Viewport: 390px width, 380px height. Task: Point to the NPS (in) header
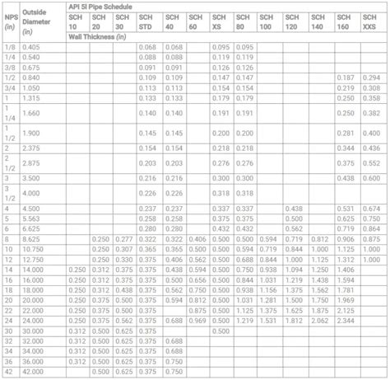pos(9,21)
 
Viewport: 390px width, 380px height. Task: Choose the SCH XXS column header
pos(369,21)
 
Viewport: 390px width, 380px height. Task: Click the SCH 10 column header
pos(75,21)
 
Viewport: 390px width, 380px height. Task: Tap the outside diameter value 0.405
pos(33,48)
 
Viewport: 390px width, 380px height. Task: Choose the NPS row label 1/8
pos(8,48)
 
